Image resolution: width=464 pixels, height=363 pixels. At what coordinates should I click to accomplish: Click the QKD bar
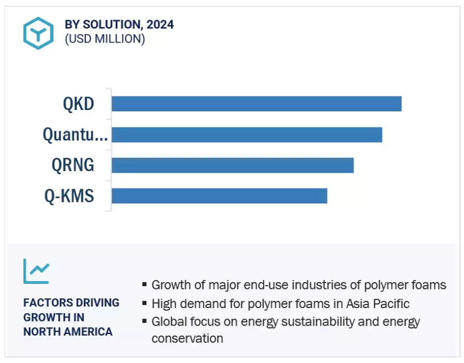257,104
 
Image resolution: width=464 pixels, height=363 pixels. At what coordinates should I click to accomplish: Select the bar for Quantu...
247,135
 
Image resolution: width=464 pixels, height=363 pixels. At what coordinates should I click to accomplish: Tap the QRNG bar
233,165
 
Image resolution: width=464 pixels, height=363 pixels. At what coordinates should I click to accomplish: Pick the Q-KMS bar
219,196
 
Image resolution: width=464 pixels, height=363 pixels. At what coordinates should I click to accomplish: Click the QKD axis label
78,104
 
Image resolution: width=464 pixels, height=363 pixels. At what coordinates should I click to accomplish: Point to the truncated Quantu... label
75,135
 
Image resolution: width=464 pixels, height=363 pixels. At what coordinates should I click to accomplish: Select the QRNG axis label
73,165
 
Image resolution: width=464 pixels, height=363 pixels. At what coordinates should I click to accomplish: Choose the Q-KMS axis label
69,197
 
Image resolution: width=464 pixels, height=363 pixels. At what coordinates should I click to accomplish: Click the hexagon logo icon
38,33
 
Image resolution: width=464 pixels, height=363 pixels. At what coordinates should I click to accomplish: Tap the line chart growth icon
36,271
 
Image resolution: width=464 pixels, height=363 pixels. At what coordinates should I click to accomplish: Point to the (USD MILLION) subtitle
105,39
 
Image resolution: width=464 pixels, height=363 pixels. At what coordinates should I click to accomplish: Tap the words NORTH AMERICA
68,332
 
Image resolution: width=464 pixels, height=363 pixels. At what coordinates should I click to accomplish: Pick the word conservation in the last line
187,339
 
